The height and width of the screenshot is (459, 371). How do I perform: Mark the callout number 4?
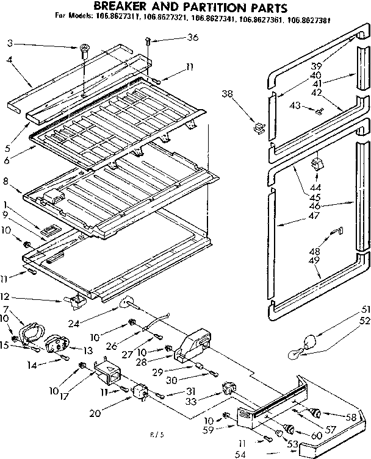pos(10,60)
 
